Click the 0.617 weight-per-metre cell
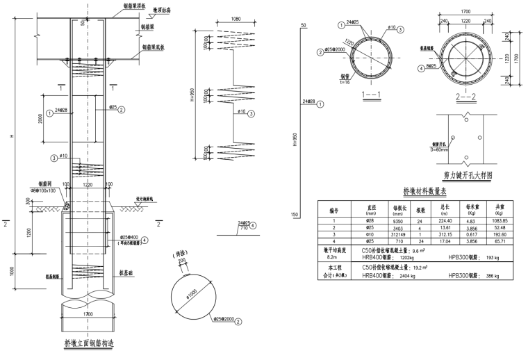pos(472,234)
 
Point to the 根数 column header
pos(420,208)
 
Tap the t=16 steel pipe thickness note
pos(345,81)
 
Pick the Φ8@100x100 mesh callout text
pos(44,189)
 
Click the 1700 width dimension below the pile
pos(87,316)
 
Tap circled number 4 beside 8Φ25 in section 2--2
pos(421,68)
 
